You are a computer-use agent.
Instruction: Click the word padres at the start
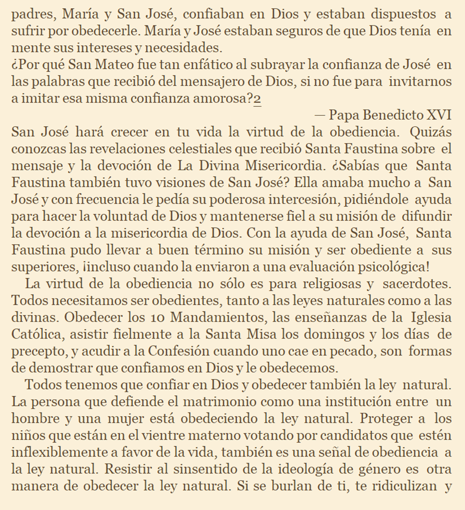click(30, 14)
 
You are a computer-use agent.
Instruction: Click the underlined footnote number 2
click(257, 99)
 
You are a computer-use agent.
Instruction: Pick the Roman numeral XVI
click(439, 115)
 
